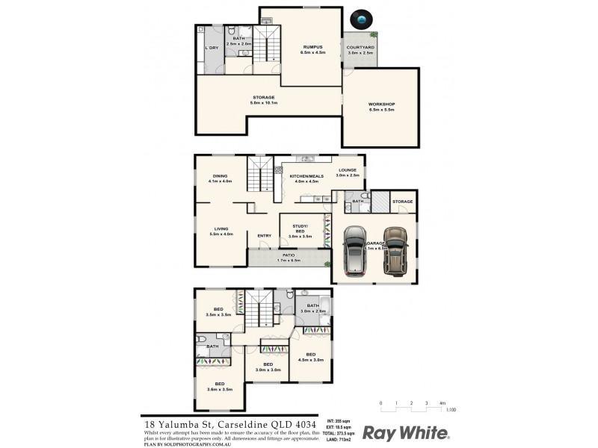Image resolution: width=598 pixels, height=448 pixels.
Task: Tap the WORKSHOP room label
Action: coord(381,104)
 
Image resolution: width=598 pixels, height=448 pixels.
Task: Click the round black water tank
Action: coord(363,19)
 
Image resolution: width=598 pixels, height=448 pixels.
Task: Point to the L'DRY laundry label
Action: coord(212,48)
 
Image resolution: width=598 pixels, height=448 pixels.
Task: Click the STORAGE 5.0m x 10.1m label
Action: coord(263,98)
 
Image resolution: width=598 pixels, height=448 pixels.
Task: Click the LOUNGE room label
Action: coord(348,170)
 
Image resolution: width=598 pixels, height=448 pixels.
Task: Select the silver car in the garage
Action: coord(357,252)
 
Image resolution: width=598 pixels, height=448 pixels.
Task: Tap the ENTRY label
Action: coord(264,236)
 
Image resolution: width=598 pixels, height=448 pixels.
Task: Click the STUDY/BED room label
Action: coord(300,228)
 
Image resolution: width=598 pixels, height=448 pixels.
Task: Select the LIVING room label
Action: coord(221,228)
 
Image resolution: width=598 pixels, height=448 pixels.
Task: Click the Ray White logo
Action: coord(405,432)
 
